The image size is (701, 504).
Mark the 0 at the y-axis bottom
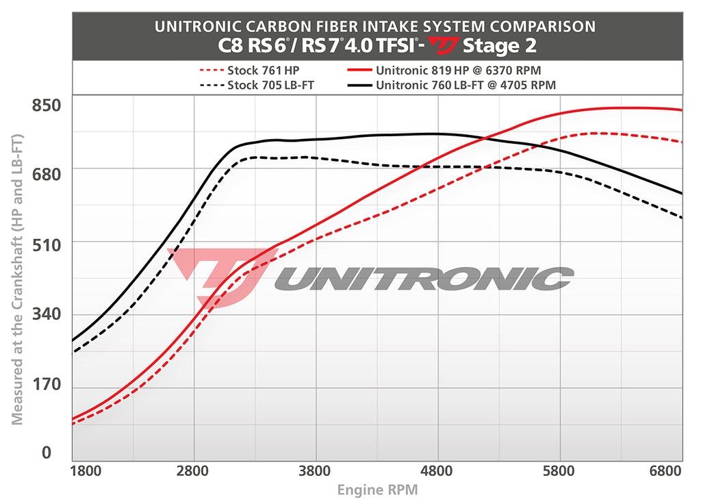click(x=46, y=453)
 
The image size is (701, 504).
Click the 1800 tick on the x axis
click(x=86, y=471)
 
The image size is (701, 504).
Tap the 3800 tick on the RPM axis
click(x=316, y=471)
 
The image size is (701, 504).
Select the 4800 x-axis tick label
click(x=437, y=471)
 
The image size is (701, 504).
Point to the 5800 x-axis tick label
click(x=559, y=471)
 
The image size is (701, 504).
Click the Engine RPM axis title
click(x=377, y=490)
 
